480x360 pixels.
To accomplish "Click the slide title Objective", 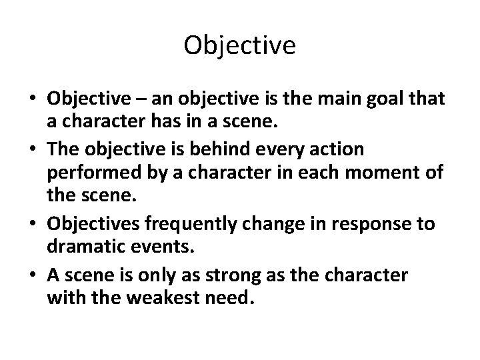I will [x=239, y=45].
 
